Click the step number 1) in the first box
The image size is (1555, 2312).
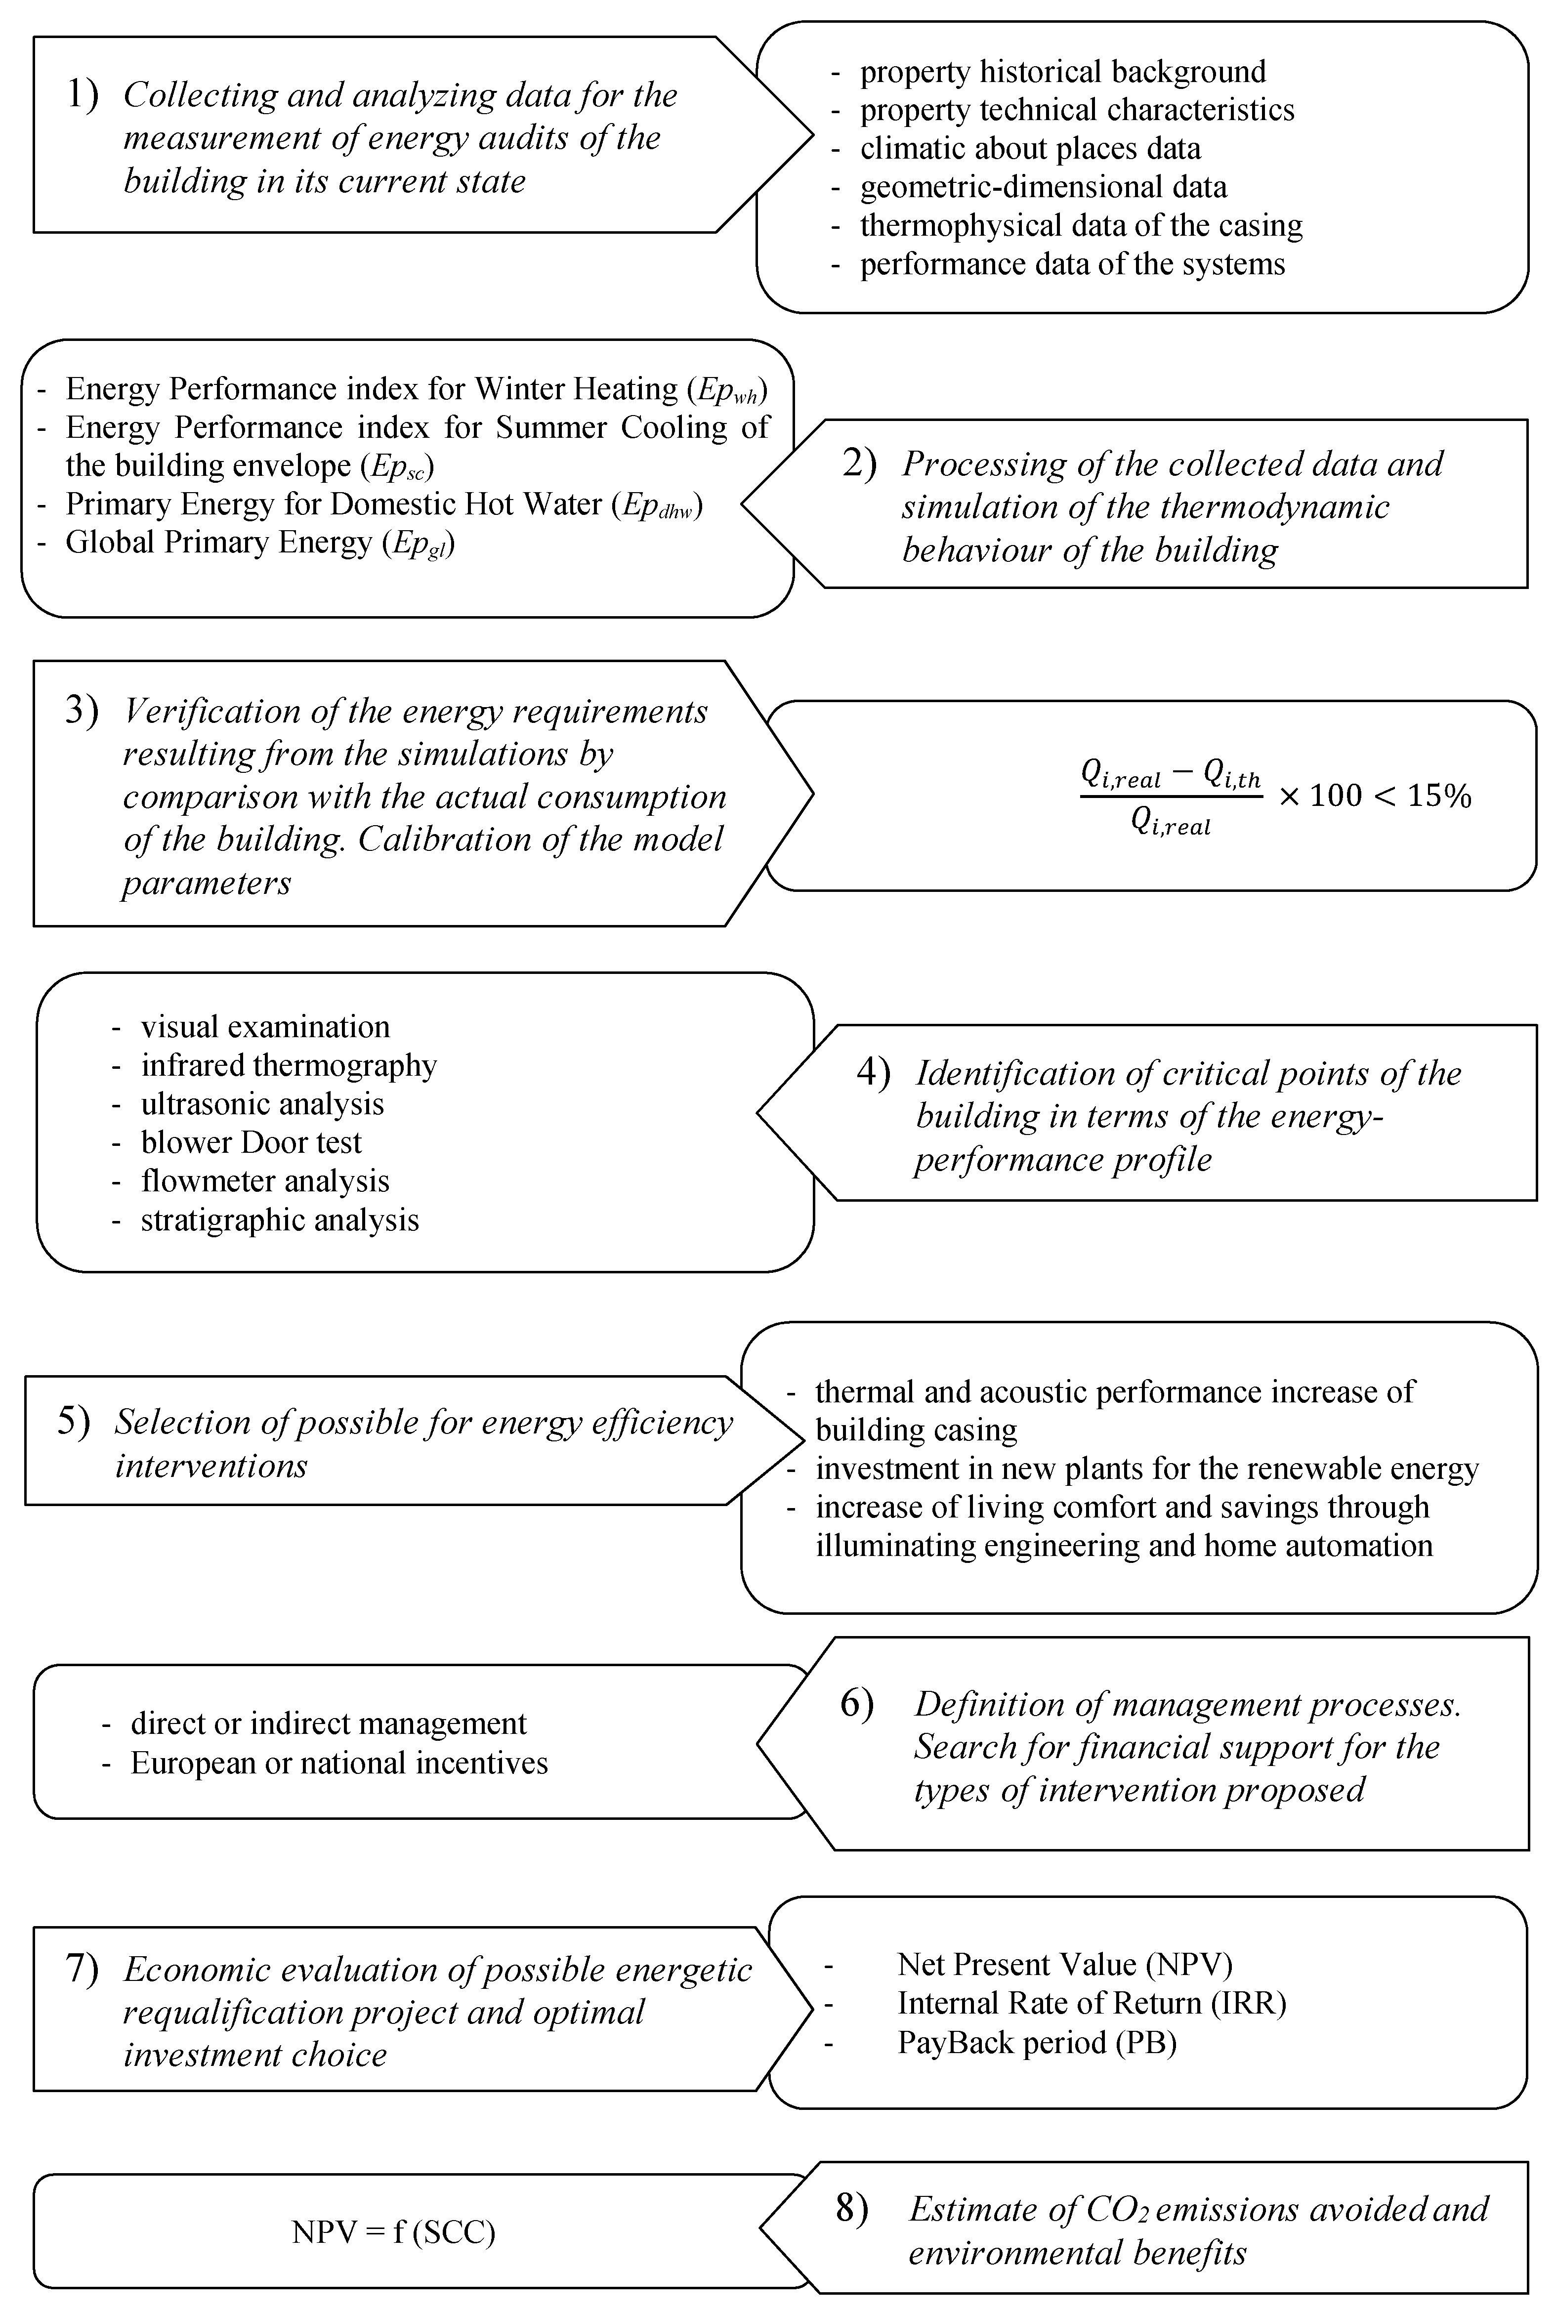83,95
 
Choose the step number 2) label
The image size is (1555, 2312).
859,464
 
